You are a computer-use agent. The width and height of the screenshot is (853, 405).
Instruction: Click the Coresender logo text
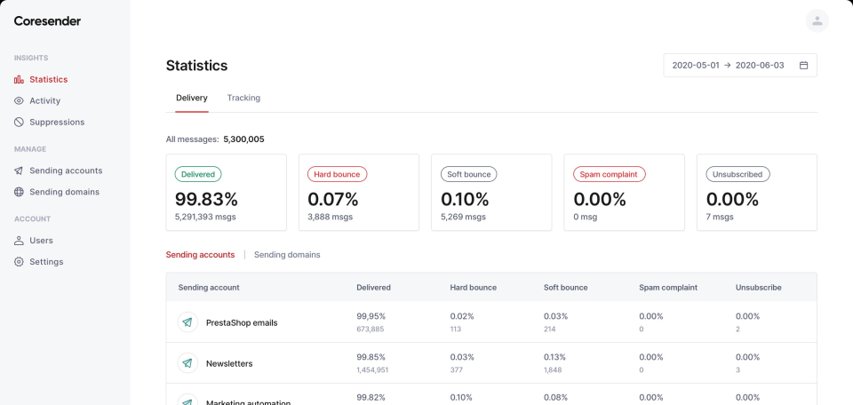tap(47, 21)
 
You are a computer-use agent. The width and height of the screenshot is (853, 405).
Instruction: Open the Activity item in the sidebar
tap(44, 100)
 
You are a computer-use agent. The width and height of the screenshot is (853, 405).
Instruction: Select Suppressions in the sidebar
tap(57, 122)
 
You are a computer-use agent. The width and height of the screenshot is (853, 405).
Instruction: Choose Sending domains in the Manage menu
tap(64, 192)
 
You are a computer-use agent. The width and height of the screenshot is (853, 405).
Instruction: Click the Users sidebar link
tap(41, 240)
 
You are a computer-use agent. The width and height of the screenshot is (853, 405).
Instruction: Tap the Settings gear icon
tap(20, 262)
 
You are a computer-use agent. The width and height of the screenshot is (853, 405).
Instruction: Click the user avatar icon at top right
tap(817, 21)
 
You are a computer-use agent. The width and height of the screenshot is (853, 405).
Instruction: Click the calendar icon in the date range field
tap(803, 66)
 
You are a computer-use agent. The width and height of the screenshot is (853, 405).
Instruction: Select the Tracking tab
tap(243, 98)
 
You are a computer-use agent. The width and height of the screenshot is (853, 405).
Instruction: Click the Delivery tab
tap(192, 98)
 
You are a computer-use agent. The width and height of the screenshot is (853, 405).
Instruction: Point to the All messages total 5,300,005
tap(243, 139)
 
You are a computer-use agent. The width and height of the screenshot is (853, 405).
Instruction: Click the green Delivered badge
tap(198, 174)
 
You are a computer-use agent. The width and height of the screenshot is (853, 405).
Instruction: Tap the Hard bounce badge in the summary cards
tap(337, 174)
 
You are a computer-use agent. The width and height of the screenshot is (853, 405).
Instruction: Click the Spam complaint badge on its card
tap(609, 174)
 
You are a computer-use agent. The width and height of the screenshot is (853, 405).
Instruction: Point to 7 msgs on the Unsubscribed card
tap(721, 217)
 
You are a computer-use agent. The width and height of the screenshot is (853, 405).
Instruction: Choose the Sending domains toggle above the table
tap(287, 255)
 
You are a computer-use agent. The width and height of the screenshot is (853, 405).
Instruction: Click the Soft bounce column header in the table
tap(565, 288)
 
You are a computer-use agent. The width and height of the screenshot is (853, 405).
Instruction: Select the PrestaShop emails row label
tap(242, 322)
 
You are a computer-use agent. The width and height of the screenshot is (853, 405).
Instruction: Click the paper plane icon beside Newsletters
tap(187, 363)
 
